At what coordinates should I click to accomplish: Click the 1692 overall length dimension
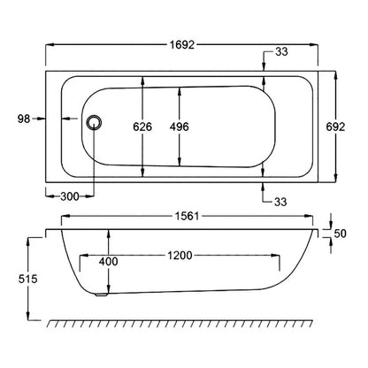[x=182, y=45]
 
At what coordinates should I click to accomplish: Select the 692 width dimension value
[x=335, y=127]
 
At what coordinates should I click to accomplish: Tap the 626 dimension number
[x=142, y=127]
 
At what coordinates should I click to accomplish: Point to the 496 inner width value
[x=179, y=127]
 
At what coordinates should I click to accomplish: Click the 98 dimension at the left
[x=24, y=119]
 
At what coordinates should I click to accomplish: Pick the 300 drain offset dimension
[x=70, y=196]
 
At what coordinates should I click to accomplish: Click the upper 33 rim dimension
[x=281, y=52]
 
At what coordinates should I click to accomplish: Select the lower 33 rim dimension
[x=280, y=202]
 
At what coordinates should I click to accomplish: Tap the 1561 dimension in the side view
[x=188, y=216]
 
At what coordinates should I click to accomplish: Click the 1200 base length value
[x=180, y=256]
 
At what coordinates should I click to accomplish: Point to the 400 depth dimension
[x=108, y=261]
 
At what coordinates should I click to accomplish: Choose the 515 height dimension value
[x=28, y=279]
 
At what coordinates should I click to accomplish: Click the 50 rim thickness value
[x=340, y=234]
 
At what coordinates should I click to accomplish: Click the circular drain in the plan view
[x=94, y=122]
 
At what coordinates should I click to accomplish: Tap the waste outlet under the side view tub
[x=103, y=294]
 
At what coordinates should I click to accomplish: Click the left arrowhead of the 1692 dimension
[x=50, y=45]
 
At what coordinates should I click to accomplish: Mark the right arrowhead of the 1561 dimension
[x=309, y=216]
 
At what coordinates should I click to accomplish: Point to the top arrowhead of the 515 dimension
[x=28, y=241]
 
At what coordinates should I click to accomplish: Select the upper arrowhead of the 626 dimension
[x=142, y=80]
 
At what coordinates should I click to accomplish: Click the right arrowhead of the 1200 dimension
[x=275, y=256]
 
